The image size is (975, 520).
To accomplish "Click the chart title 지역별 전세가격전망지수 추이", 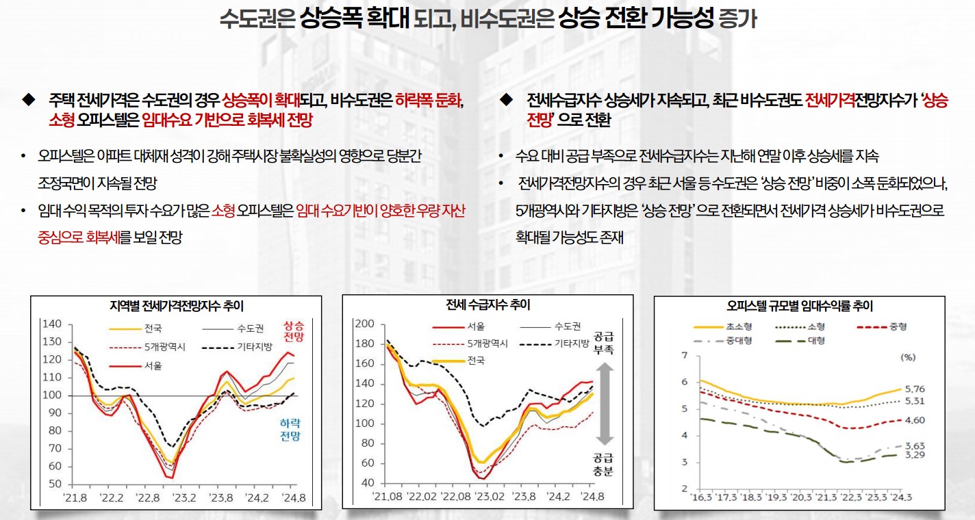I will (x=176, y=305).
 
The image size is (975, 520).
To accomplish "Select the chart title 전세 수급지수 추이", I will (x=488, y=304).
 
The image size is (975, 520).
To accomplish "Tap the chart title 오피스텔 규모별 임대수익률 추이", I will (x=800, y=307).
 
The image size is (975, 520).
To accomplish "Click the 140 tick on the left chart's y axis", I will (x=52, y=324).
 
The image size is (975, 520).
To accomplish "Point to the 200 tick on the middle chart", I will (x=364, y=324).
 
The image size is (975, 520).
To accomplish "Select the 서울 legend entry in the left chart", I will (x=153, y=366).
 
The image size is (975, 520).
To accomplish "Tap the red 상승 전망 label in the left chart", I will (x=293, y=332).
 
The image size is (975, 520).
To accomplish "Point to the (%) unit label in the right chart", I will (x=909, y=357).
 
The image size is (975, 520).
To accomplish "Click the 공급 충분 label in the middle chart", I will (x=603, y=465).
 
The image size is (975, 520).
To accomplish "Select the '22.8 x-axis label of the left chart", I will (x=148, y=497).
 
